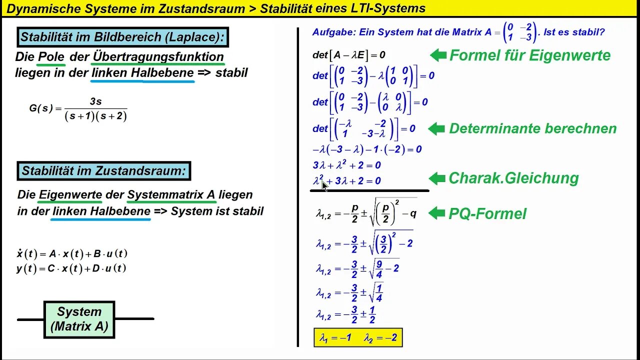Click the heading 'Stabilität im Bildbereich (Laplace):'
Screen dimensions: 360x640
tap(123, 37)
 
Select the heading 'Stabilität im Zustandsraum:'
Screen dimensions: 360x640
tap(103, 171)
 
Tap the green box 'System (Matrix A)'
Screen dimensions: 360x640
tap(79, 319)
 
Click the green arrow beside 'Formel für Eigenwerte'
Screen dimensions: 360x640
tap(438, 55)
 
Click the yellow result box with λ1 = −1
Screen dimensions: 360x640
tap(358, 338)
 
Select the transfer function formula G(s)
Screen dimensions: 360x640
tap(78, 109)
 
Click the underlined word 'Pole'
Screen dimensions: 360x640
tap(51, 57)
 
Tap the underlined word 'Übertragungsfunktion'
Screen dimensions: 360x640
tap(158, 57)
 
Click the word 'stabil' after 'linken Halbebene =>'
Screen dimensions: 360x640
tap(231, 72)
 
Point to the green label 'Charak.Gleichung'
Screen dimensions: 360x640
tap(513, 178)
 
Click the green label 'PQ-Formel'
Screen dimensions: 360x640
tap(487, 214)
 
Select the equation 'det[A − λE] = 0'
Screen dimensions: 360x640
tap(348, 55)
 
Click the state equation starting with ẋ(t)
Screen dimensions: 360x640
tap(72, 253)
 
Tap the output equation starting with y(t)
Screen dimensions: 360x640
tap(71, 268)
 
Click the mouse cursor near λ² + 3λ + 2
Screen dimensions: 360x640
tap(324, 186)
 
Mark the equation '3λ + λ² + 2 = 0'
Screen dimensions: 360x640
tap(346, 165)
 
